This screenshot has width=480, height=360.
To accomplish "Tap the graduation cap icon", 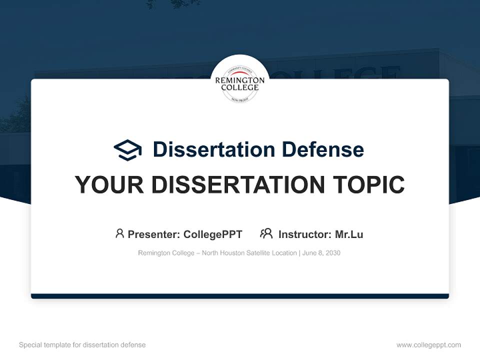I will [x=127, y=150].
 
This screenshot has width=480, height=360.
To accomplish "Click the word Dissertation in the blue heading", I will [x=214, y=149].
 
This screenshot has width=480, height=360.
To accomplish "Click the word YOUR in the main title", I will [x=109, y=185].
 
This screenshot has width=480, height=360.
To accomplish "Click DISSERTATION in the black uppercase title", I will [x=238, y=185].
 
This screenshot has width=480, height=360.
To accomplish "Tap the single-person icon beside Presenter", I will [x=119, y=233].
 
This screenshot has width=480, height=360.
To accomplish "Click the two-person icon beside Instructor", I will [x=266, y=233].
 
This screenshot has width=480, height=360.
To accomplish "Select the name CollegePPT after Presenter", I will [x=213, y=234].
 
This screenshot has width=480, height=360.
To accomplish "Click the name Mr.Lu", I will [x=349, y=234].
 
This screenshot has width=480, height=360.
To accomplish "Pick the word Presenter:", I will [x=154, y=234].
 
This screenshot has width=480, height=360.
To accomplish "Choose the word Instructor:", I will [x=305, y=234].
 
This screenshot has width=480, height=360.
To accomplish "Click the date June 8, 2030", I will [x=321, y=253].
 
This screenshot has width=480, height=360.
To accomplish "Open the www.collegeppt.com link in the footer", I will [x=428, y=345].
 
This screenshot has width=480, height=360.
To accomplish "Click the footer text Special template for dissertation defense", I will [x=82, y=345].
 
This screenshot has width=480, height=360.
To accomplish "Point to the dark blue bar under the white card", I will [x=240, y=296].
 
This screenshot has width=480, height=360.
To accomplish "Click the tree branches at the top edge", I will [x=172, y=4].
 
